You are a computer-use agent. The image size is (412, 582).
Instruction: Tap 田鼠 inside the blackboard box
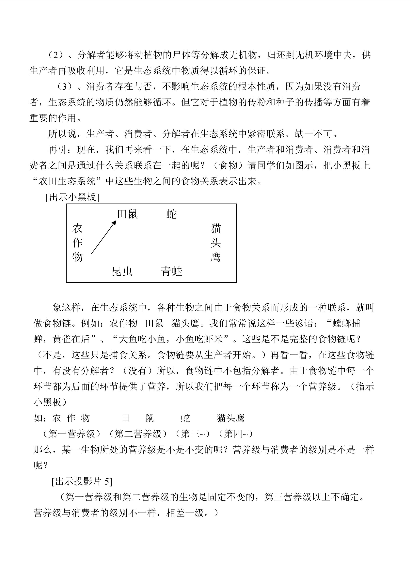(127, 214)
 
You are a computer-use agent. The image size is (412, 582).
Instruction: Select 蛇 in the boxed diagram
(171, 214)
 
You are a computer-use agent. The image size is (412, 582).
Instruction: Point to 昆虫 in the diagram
(122, 271)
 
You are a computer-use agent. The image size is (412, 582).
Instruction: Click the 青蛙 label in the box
(171, 271)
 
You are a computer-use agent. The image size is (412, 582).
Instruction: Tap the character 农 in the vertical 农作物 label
(77, 228)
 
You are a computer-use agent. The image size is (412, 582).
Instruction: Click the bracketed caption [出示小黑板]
(72, 197)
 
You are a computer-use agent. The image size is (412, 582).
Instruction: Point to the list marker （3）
(67, 86)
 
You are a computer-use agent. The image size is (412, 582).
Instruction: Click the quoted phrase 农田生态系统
(67, 181)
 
